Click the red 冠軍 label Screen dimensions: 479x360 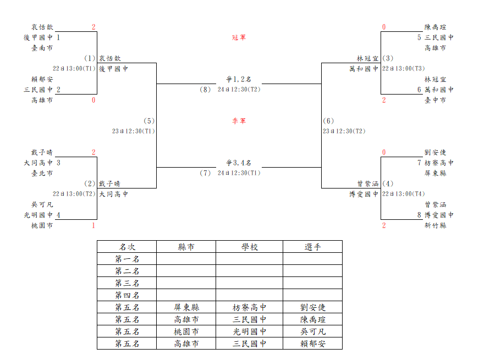point(239,37)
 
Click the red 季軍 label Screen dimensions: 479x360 point(239,121)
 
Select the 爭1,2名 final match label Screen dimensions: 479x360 point(239,79)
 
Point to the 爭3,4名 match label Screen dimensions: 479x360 point(239,163)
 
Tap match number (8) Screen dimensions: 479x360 point(205,90)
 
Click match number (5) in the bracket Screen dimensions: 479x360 point(149,121)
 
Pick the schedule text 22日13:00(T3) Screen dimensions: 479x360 point(404,68)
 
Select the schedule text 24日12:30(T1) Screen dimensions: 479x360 point(239,173)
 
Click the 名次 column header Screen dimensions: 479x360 point(127,247)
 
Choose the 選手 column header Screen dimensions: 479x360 point(312,247)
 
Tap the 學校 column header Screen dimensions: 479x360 point(250,247)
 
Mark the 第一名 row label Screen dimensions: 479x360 point(127,259)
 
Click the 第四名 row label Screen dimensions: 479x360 point(127,295)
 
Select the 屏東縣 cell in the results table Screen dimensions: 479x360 point(186,307)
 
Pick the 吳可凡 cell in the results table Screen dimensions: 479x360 point(313,331)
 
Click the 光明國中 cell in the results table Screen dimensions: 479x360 point(250,331)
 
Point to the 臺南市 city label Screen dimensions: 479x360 point(42,48)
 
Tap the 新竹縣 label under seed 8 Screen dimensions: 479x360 point(436,225)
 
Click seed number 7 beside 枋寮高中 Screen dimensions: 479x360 point(420,163)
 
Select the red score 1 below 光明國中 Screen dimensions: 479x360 point(93,225)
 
